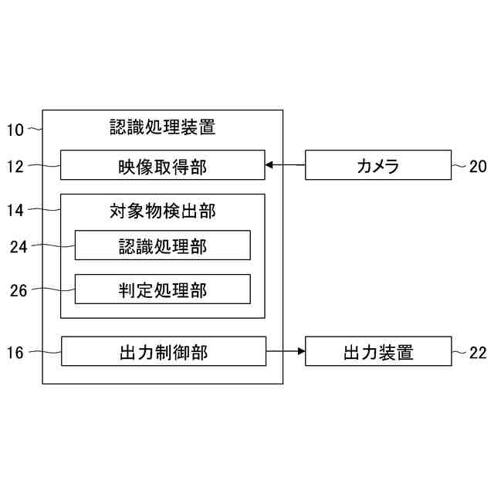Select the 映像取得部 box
[x=162, y=165]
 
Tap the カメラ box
[x=377, y=165]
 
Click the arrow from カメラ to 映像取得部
[x=285, y=164]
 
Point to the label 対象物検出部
[x=162, y=209]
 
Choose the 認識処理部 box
[x=162, y=245]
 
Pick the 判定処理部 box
[x=162, y=289]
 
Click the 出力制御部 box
[x=162, y=352]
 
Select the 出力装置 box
[x=377, y=352]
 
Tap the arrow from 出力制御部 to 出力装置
[x=286, y=352]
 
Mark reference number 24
[x=19, y=247]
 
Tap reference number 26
[x=19, y=291]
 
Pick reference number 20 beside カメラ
[x=478, y=165]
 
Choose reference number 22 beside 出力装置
[x=478, y=353]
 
